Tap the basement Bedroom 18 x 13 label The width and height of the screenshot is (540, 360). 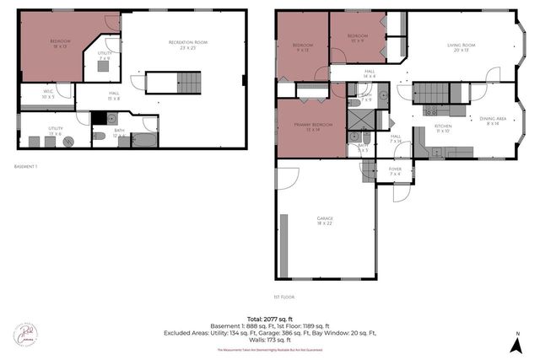tap(59, 44)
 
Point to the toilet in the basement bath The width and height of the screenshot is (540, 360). tap(100, 135)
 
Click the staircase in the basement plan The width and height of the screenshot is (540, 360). tap(190, 83)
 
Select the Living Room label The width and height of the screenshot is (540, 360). tap(462, 47)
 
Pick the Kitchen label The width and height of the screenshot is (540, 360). tap(443, 128)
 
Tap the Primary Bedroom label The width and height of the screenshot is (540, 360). tap(310, 127)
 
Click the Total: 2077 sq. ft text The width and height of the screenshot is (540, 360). tap(270, 318)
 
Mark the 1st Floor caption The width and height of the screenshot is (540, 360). tap(283, 297)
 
